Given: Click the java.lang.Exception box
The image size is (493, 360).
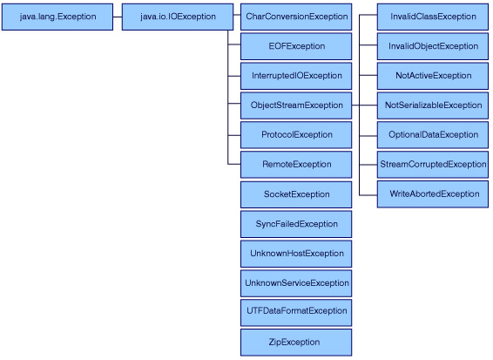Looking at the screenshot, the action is (x=57, y=17).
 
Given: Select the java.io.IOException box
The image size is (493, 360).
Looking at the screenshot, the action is (x=178, y=17).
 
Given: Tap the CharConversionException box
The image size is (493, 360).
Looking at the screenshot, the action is (x=296, y=17).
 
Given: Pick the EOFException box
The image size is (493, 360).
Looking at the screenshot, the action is (x=296, y=46).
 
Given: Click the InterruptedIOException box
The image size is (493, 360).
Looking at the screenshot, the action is (x=296, y=76).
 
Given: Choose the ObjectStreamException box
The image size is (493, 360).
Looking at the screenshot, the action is (x=296, y=105).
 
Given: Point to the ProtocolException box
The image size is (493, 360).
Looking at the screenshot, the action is (x=296, y=135).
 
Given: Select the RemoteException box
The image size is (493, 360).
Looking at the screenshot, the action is (x=296, y=165).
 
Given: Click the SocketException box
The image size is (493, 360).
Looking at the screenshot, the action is (x=296, y=194).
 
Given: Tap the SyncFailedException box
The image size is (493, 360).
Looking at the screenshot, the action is (x=296, y=224).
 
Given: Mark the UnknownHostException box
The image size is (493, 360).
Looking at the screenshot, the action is (x=296, y=254).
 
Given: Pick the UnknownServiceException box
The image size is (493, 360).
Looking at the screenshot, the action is (x=296, y=283).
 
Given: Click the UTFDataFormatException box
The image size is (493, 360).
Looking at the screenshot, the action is (x=296, y=313).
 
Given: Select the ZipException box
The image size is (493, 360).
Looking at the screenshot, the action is (x=296, y=343).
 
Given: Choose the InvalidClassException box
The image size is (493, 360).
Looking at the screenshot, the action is (x=433, y=17).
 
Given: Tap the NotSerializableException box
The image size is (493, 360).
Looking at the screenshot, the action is (x=433, y=105).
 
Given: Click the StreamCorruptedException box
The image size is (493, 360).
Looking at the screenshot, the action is (x=433, y=165).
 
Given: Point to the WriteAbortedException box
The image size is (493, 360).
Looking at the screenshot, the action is (x=433, y=194).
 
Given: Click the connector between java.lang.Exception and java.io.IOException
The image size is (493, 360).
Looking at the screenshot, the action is (x=118, y=17).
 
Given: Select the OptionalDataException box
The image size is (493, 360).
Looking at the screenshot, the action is (x=433, y=135).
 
